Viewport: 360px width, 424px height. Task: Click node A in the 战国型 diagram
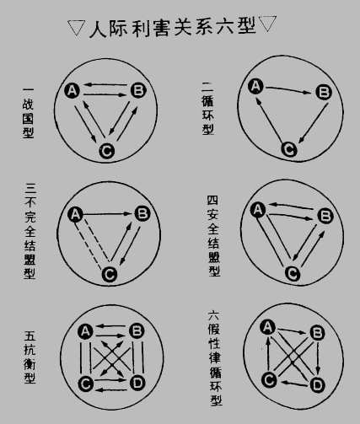point(72,90)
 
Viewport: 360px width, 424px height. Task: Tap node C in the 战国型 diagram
point(107,151)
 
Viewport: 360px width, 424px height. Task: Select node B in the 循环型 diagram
point(324,92)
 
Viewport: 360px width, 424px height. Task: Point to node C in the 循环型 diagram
point(288,149)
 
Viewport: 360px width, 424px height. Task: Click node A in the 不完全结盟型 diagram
point(75,214)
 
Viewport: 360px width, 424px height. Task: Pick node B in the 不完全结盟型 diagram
point(142,213)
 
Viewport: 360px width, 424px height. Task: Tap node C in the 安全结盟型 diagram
point(293,273)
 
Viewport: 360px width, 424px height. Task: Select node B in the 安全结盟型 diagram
point(325,216)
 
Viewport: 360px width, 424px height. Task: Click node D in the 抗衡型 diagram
point(137,383)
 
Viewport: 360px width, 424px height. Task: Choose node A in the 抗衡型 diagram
point(85,331)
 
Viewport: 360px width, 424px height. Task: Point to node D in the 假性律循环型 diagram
point(317,385)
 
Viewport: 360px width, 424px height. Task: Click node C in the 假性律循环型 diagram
point(269,379)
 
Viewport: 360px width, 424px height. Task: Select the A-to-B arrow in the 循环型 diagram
point(287,90)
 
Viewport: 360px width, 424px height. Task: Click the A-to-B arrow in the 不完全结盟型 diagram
point(107,214)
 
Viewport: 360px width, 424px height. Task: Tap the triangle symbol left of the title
point(76,28)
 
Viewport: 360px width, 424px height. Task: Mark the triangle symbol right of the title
point(267,24)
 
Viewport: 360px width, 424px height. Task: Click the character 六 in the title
point(225,27)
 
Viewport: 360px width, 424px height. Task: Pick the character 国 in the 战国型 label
point(28,118)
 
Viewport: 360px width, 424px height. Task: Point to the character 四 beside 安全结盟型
point(212,201)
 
